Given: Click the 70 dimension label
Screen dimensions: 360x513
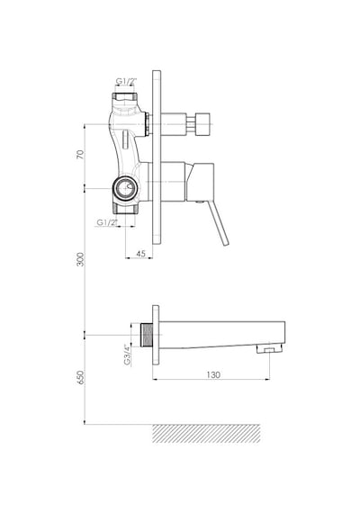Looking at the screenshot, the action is pyautogui.click(x=80, y=155).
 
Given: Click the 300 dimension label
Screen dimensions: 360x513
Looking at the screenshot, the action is pyautogui.click(x=80, y=259).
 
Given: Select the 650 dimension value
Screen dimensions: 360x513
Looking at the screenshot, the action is pyautogui.click(x=80, y=378).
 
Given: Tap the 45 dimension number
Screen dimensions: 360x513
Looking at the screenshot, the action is pyautogui.click(x=140, y=254).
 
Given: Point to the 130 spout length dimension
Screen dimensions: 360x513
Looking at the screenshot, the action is pyautogui.click(x=213, y=374).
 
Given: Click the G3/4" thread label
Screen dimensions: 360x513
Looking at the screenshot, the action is pyautogui.click(x=127, y=355).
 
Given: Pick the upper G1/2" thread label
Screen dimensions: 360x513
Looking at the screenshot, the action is pyautogui.click(x=126, y=81).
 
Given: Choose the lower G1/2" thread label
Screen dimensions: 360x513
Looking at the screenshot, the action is pyautogui.click(x=107, y=222).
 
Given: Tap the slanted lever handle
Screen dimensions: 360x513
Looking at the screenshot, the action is pyautogui.click(x=219, y=223).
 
